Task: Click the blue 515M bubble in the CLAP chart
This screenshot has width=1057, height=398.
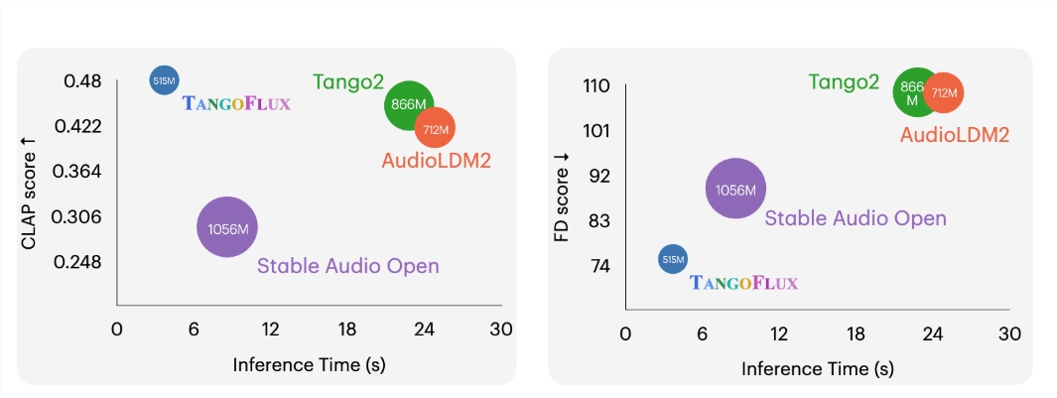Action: (x=164, y=80)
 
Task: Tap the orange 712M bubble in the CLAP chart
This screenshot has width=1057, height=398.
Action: (x=435, y=128)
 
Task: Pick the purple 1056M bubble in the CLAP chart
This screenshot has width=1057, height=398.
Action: (x=227, y=228)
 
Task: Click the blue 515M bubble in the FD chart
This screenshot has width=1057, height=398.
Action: (x=673, y=260)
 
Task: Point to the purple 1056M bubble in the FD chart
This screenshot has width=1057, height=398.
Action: (x=735, y=189)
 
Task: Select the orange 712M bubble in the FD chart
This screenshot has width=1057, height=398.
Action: (x=943, y=93)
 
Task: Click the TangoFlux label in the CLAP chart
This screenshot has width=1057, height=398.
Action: (x=236, y=103)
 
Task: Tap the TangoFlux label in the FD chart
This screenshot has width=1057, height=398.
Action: (x=743, y=284)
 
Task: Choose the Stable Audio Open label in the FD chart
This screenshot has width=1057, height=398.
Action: (x=856, y=218)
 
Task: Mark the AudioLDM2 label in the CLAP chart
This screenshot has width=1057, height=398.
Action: (x=436, y=159)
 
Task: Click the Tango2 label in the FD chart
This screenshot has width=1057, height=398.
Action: (x=844, y=82)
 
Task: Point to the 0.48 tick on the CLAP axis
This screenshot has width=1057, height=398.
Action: (x=82, y=80)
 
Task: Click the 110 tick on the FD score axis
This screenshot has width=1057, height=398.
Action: (x=594, y=86)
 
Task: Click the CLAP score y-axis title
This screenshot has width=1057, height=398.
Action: (x=29, y=194)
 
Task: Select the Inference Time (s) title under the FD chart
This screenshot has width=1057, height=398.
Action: (x=817, y=368)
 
